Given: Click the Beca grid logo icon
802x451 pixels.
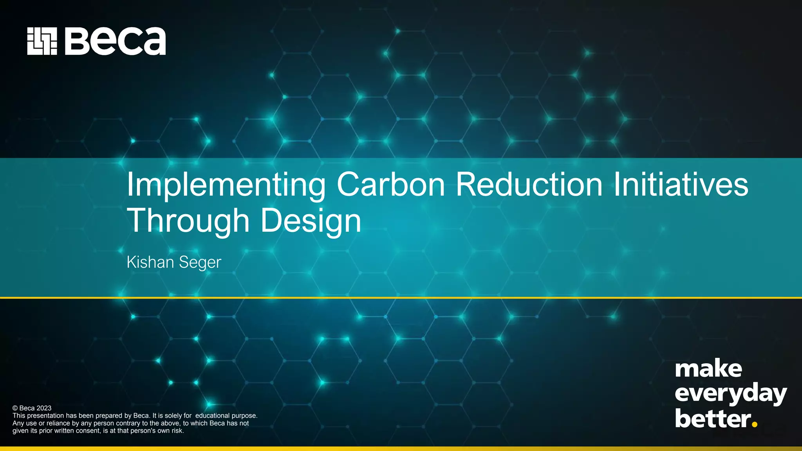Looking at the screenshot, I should pos(42,41).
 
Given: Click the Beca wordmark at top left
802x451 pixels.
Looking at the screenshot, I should pos(115,41).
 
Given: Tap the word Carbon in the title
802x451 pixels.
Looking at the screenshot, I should pos(390,184).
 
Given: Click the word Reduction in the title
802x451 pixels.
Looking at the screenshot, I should pos(529,184).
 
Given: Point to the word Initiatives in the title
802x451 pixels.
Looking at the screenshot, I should pos(681,184).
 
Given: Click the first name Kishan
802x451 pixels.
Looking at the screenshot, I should pos(150,262).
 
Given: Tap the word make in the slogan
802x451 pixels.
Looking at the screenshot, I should pos(708,369).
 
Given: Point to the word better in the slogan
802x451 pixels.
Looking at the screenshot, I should pos(713,419).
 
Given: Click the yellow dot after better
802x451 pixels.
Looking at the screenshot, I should pos(755,424).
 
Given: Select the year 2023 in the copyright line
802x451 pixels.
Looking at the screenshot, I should pos(44,408).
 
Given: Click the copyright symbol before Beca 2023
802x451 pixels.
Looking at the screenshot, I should pos(15,408).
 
